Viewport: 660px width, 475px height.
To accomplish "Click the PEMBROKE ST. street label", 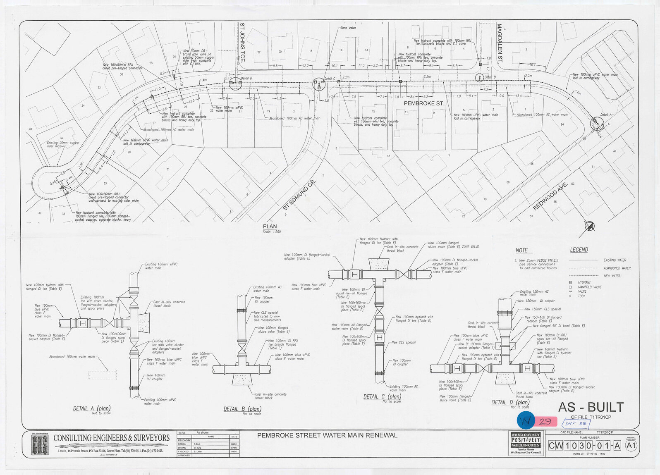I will coord(424,103).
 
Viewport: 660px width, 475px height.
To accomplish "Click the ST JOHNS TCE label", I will coord(242,42).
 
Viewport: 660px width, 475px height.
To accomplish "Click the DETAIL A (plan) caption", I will coord(92,408).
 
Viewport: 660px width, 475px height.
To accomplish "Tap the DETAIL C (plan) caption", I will coord(382,396).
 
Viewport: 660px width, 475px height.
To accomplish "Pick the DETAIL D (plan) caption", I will coord(510,402).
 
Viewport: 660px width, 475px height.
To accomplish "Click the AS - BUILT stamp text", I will coord(591,407).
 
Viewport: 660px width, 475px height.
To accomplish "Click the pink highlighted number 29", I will coord(545,422).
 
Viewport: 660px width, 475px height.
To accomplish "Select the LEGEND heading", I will coord(579,250).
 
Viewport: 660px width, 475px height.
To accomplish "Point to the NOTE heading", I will coord(521,250).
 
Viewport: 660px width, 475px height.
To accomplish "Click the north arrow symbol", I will coord(589,227).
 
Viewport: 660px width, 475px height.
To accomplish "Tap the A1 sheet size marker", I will coord(631,446).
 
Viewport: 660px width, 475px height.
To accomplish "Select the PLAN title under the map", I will coord(270,227).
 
